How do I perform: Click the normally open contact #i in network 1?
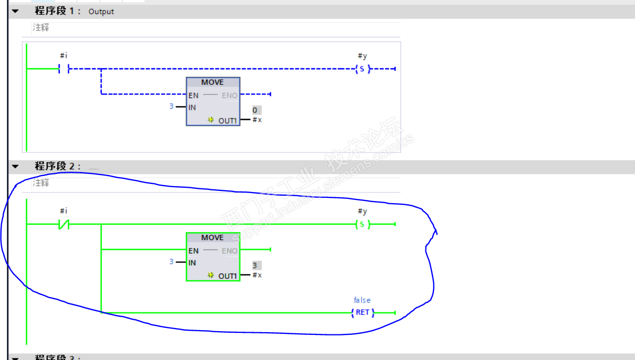coord(64,69)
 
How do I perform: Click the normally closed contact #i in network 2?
coord(64,225)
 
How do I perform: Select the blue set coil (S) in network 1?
coord(362,69)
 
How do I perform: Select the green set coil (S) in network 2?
coord(362,225)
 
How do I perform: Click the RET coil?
coord(363,313)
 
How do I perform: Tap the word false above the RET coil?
coord(362,300)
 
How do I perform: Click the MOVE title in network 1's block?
coord(212,83)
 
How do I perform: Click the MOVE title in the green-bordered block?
coord(212,238)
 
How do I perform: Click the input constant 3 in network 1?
coord(171,107)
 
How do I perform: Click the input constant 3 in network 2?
coord(171,262)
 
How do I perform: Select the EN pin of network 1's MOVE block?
coord(193,95)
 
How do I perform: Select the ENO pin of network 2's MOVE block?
coord(230,251)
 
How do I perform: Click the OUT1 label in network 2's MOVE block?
coord(227,276)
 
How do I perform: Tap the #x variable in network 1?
coord(257,120)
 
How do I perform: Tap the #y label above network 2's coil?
coord(362,212)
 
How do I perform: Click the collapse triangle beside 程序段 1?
coord(14,11)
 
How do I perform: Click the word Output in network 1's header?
coord(101,12)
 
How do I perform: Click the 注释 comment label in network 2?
coord(41,183)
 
